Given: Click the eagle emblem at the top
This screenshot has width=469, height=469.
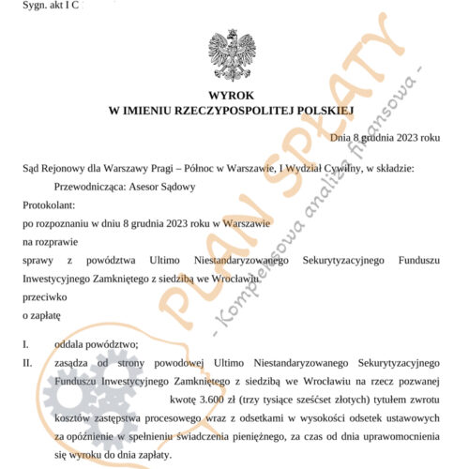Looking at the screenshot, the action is tap(232, 54).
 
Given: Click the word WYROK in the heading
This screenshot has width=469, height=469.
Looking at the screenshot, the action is tap(232, 97).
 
